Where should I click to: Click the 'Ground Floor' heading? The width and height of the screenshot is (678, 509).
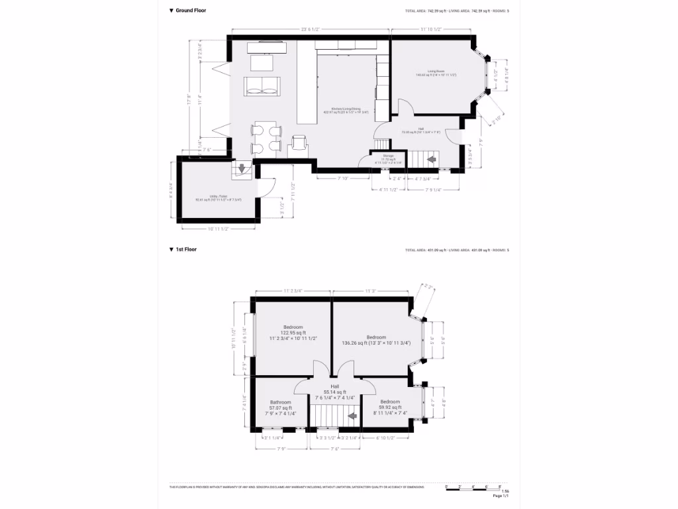click(190, 11)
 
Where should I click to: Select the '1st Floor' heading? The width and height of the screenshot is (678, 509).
click(185, 250)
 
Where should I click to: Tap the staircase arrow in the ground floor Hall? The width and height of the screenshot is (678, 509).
click(432, 160)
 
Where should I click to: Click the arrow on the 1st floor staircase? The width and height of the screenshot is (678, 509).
click(352, 416)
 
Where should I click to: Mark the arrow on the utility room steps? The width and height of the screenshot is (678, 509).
click(242, 168)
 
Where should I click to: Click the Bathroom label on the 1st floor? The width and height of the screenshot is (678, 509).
click(281, 402)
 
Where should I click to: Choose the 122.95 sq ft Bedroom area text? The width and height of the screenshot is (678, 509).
click(293, 333)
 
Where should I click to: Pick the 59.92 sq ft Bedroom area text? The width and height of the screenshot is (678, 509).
click(389, 407)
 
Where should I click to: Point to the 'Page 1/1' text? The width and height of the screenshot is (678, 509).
click(501, 496)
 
